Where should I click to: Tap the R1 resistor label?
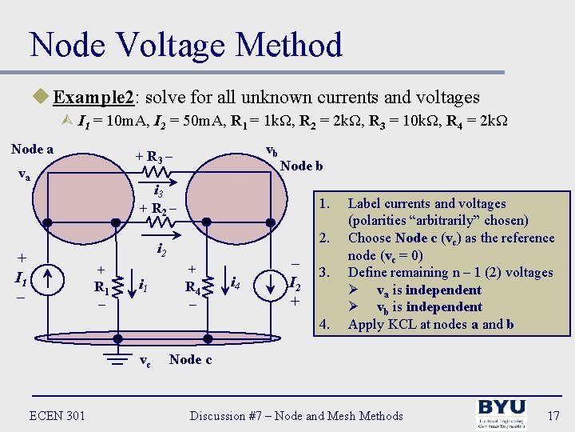pyautogui.click(x=101, y=287)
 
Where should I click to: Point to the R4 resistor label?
pyautogui.click(x=192, y=287)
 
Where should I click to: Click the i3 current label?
pyautogui.click(x=158, y=192)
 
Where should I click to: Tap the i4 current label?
pyautogui.click(x=236, y=282)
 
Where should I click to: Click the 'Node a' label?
pyautogui.click(x=32, y=149)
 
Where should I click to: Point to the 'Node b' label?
pyautogui.click(x=302, y=166)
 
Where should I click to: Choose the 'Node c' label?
pyautogui.click(x=190, y=359)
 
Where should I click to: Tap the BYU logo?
pyautogui.click(x=502, y=414)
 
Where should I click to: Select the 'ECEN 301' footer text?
pyautogui.click(x=57, y=415)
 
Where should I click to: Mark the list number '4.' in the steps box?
pyautogui.click(x=324, y=324)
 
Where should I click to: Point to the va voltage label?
pyautogui.click(x=24, y=176)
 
